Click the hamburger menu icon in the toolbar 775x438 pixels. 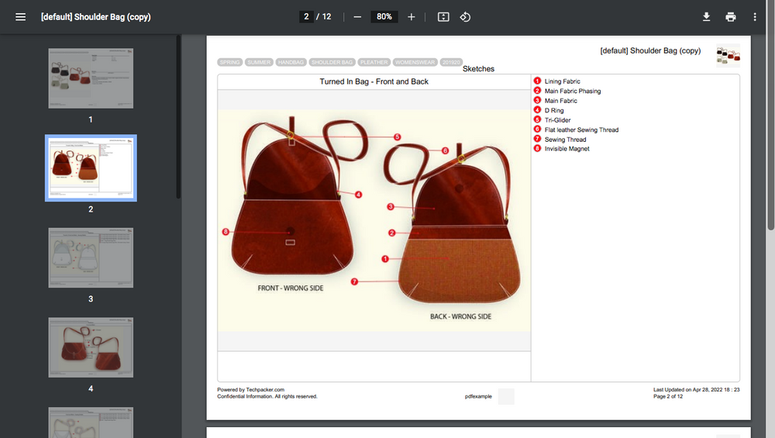(21, 17)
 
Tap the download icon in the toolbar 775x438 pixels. (707, 17)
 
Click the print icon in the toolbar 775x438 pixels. (730, 17)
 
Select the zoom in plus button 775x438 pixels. (412, 17)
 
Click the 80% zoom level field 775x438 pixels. (384, 17)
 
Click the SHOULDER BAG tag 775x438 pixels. (332, 62)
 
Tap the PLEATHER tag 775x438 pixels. (374, 62)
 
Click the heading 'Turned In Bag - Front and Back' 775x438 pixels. (374, 81)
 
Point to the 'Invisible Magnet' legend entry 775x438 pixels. (567, 149)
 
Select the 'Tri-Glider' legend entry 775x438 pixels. (557, 120)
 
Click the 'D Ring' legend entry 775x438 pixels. (554, 111)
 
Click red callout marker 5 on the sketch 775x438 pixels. (397, 137)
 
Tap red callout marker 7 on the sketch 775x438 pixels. (354, 281)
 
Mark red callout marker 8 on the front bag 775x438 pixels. (226, 232)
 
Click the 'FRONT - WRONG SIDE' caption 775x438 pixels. (291, 288)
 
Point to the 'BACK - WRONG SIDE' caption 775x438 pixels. (460, 316)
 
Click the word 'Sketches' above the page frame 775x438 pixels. (478, 69)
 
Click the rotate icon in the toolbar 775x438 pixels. (465, 17)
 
